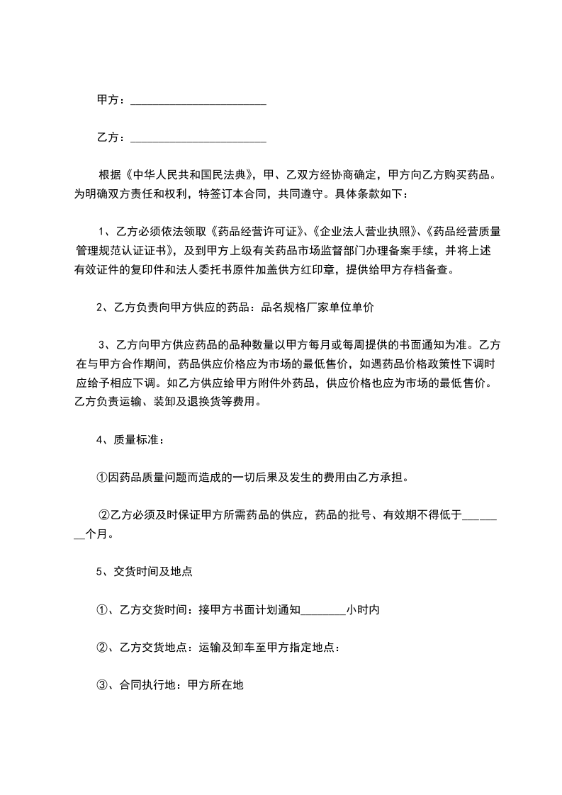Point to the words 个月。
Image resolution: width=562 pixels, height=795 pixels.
point(99,535)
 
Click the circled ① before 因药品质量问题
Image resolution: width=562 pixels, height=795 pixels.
point(102,478)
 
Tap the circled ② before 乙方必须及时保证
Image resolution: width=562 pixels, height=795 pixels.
point(103,515)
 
